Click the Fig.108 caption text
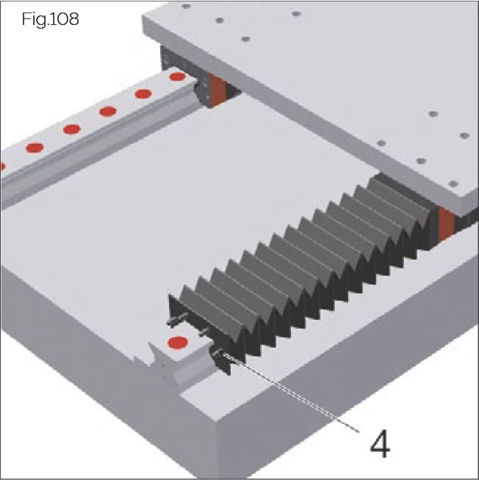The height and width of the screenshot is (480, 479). pyautogui.click(x=50, y=19)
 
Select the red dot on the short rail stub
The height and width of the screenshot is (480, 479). pyautogui.click(x=176, y=343)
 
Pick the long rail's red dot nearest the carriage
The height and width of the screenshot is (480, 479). pyautogui.click(x=177, y=76)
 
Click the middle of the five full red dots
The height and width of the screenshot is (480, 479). pyautogui.click(x=108, y=111)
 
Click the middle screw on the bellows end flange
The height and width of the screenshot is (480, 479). pyautogui.click(x=200, y=334)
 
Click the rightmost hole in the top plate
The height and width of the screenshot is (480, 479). pyautogui.click(x=464, y=135)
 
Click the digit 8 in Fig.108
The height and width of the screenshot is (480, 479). pyautogui.click(x=73, y=19)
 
